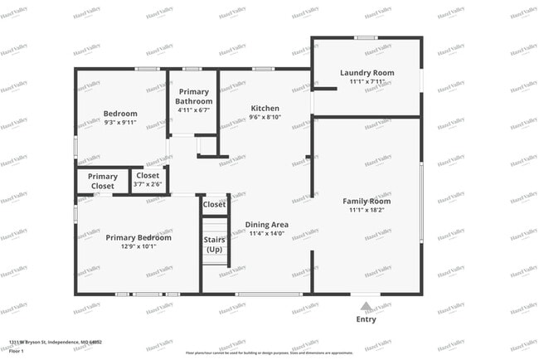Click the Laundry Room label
pyautogui.click(x=366, y=73)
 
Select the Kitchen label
pyautogui.click(x=265, y=108)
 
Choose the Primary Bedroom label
pyautogui.click(x=138, y=237)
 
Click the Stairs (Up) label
pyautogui.click(x=214, y=245)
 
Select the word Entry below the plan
pyautogui.click(x=366, y=319)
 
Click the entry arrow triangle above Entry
pyautogui.click(x=366, y=305)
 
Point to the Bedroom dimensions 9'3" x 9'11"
pyautogui.click(x=120, y=123)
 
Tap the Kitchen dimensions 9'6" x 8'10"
pyautogui.click(x=265, y=118)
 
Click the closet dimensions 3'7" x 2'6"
pyautogui.click(x=148, y=184)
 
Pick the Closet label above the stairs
pyautogui.click(x=214, y=204)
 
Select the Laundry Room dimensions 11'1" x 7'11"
pyautogui.click(x=366, y=82)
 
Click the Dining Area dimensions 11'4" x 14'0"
pyautogui.click(x=266, y=234)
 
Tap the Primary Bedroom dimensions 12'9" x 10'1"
pyautogui.click(x=138, y=246)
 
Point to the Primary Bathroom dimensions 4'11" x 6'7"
pyautogui.click(x=194, y=110)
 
